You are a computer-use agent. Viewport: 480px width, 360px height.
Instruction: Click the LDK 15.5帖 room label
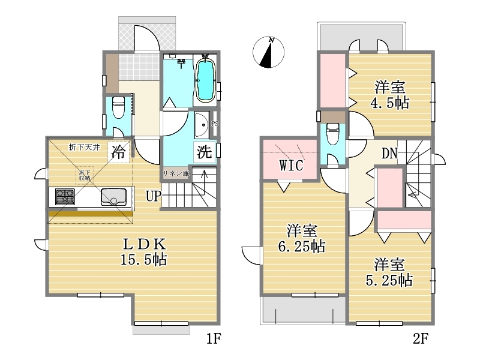point(144,251)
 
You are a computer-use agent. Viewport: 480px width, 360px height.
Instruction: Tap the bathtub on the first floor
point(205,80)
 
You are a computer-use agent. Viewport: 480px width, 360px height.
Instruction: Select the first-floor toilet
point(118,107)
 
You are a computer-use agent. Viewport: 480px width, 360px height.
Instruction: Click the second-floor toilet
point(333,133)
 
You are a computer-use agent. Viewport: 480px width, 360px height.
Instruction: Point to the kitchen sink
point(113,197)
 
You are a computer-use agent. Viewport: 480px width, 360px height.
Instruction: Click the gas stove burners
point(65,197)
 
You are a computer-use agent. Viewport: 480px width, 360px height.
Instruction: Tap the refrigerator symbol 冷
point(118,151)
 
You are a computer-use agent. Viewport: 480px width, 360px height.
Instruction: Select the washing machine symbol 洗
point(204,151)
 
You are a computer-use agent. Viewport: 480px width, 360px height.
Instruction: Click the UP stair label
point(154,196)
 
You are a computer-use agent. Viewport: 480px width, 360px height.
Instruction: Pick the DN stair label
point(389,154)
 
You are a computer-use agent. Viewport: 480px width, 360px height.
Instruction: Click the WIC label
point(291,166)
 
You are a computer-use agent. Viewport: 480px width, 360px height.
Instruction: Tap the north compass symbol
point(268,52)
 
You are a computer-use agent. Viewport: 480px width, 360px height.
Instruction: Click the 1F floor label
point(214,338)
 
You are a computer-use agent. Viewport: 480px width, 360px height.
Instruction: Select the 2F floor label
point(421,338)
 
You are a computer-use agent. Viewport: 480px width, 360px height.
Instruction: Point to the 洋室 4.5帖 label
point(390,95)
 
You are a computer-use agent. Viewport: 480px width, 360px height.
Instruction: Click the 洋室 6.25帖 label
point(302,238)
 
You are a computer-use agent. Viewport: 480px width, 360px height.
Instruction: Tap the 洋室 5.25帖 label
point(389,272)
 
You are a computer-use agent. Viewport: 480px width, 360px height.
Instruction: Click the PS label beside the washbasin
point(215,124)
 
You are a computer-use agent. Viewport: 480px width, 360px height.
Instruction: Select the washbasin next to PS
point(202,125)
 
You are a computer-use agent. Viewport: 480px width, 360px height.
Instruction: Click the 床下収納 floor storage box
point(84,175)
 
